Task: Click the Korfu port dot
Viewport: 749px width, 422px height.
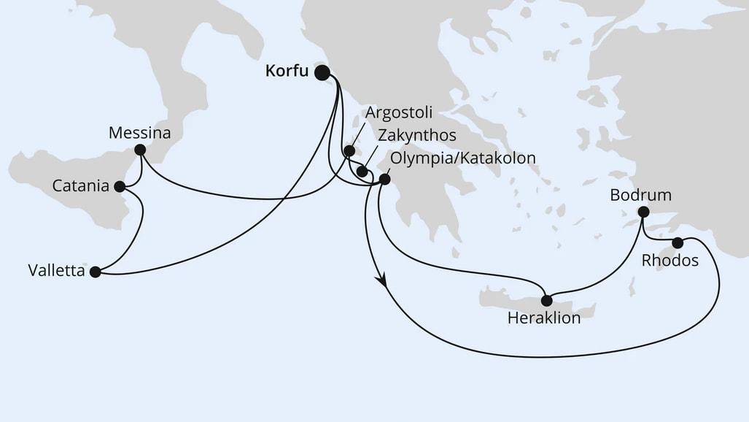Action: [x=322, y=72]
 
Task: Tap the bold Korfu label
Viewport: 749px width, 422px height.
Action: [x=287, y=72]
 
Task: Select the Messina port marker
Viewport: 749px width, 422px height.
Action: [x=140, y=150]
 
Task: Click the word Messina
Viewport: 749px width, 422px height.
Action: [x=139, y=133]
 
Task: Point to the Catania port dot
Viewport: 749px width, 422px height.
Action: [x=120, y=186]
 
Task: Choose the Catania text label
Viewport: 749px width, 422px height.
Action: [x=82, y=186]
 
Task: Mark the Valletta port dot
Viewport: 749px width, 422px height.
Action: [x=94, y=272]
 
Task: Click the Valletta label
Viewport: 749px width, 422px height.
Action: [x=55, y=272]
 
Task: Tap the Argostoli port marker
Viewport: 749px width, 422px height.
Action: [x=349, y=150]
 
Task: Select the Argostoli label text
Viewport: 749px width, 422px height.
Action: [x=399, y=113]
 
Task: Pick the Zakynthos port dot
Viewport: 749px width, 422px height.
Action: [x=361, y=172]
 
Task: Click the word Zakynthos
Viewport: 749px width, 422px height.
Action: [x=417, y=136]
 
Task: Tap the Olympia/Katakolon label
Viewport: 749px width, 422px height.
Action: [x=463, y=158]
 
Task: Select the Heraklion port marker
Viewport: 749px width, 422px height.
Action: [x=546, y=300]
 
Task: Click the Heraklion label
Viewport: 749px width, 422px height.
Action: [x=545, y=318]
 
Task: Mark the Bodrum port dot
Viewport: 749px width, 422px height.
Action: [x=643, y=212]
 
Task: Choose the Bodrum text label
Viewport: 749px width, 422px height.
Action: [x=641, y=195]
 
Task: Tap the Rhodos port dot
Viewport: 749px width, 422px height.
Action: [x=678, y=242]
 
